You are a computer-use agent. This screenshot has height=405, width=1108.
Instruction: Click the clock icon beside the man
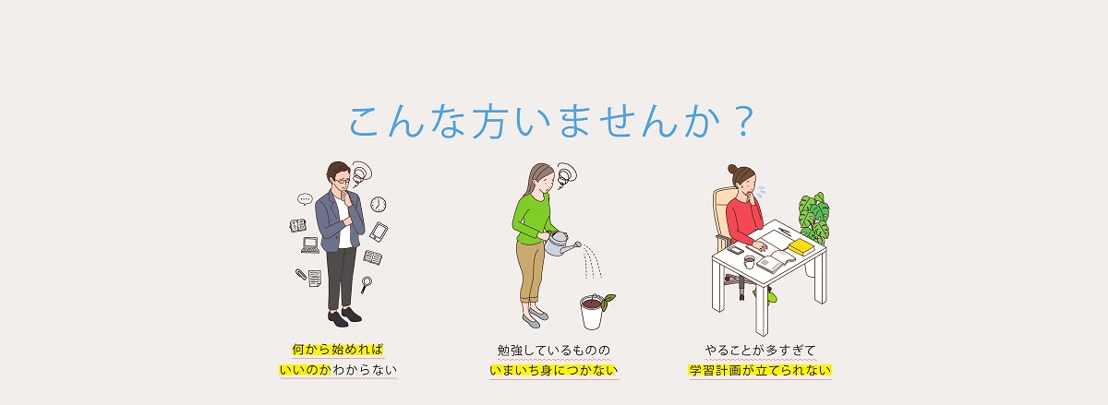[x=379, y=204]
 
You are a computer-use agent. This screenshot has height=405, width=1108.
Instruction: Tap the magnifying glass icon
[x=366, y=284]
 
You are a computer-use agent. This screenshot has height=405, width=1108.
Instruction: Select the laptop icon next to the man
[x=310, y=245]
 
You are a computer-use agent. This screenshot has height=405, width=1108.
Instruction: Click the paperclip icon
[x=301, y=274]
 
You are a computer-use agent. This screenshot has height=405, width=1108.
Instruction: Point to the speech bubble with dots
[x=306, y=199]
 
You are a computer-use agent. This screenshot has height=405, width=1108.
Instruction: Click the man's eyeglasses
[x=342, y=181]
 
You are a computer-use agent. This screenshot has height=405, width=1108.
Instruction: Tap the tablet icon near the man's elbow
[x=379, y=232]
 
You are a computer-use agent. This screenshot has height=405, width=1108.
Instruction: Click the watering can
[x=561, y=244]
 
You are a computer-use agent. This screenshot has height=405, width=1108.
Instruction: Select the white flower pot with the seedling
[x=592, y=312]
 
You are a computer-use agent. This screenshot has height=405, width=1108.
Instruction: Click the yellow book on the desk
[x=801, y=246]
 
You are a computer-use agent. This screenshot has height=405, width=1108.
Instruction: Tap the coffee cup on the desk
[x=750, y=262]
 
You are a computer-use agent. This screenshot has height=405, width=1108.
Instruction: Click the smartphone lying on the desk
[x=735, y=249]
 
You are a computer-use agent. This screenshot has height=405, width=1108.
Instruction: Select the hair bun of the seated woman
[x=732, y=169]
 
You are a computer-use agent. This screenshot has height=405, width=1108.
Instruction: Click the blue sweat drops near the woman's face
[x=760, y=191]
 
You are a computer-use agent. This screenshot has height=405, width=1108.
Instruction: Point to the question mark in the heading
[x=743, y=121]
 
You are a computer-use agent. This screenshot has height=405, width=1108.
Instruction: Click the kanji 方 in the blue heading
[x=488, y=122]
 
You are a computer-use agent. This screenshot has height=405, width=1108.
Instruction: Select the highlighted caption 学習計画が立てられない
[x=760, y=370]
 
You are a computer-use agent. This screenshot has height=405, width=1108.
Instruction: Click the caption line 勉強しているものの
[x=554, y=351]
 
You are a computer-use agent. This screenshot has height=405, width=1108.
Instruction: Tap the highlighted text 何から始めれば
[x=338, y=349]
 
